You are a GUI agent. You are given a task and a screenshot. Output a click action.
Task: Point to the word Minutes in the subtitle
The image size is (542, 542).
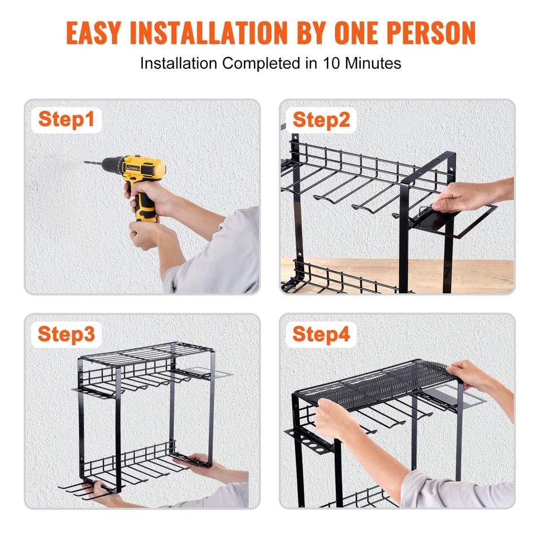[373, 63]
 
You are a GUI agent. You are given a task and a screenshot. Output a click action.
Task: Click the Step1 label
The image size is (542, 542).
[67, 120]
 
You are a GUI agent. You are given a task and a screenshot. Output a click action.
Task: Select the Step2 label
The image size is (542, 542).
[321, 120]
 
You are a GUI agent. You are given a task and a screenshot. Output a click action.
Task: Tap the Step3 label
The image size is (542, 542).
[67, 334]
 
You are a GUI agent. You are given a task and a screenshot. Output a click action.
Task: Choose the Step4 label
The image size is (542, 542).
[321, 334]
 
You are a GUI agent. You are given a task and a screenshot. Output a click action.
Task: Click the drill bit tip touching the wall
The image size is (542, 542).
[85, 162]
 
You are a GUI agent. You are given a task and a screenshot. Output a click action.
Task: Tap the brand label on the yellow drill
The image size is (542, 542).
[133, 168]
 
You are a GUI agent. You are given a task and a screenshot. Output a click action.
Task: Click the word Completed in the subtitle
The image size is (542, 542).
[261, 64]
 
